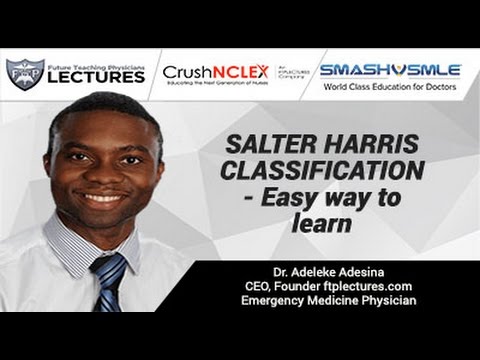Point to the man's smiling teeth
tap(103, 198)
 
